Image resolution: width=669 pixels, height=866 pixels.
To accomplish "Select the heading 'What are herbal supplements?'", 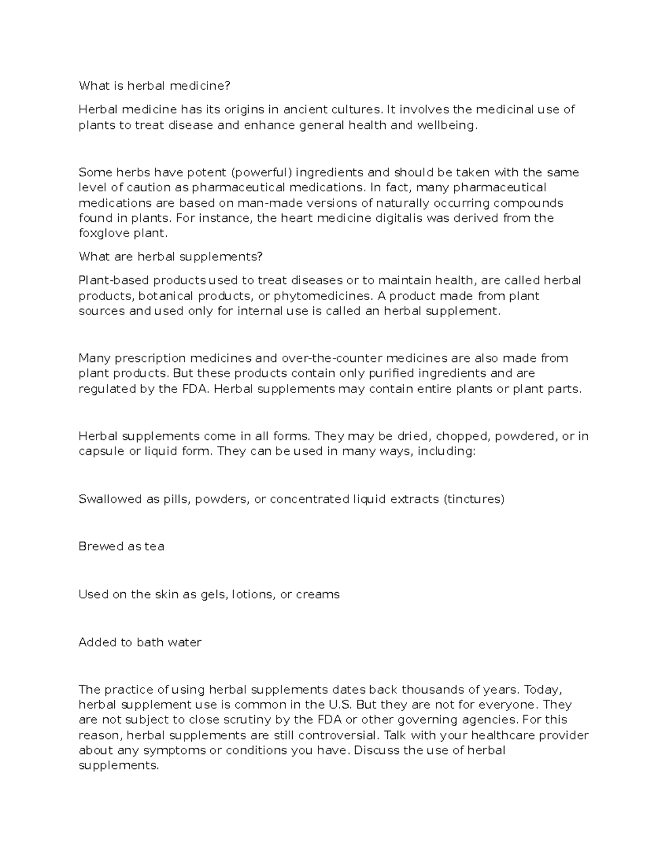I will pyautogui.click(x=170, y=257).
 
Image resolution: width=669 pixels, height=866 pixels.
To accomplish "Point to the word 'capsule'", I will pyautogui.click(x=101, y=451).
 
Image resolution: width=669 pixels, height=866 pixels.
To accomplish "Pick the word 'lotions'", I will pyautogui.click(x=253, y=594).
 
